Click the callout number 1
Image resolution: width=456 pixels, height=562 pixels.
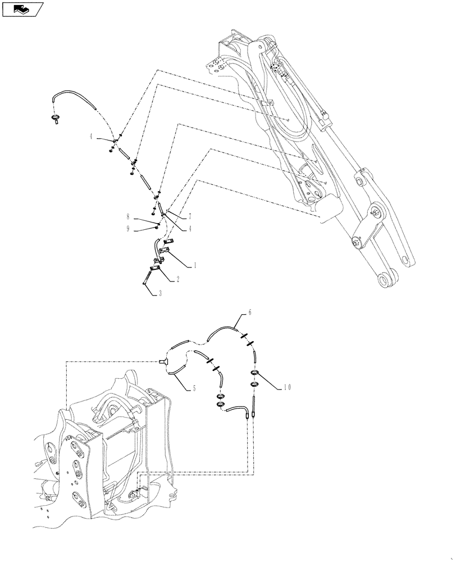194,264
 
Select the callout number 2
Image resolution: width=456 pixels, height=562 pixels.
178,279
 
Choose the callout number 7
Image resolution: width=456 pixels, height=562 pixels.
190,216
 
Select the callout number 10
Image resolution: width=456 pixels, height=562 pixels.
287,387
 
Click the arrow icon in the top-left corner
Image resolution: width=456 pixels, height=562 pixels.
22,8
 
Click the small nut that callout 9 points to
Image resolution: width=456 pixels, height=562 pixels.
158,225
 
